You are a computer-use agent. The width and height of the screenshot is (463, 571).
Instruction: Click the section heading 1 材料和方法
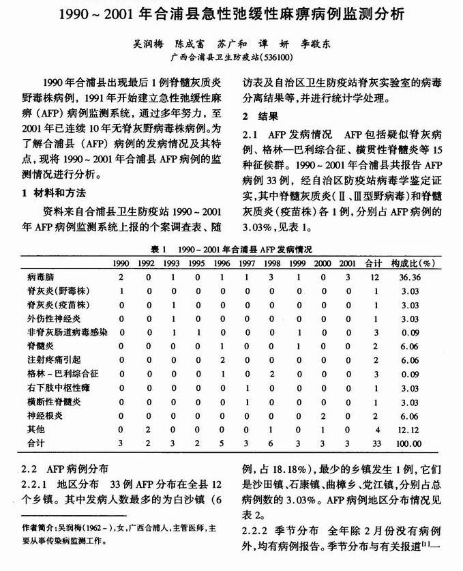click(53, 192)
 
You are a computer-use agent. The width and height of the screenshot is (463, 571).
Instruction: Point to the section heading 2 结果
click(260, 115)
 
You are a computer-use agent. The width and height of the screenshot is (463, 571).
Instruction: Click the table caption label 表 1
click(160, 249)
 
